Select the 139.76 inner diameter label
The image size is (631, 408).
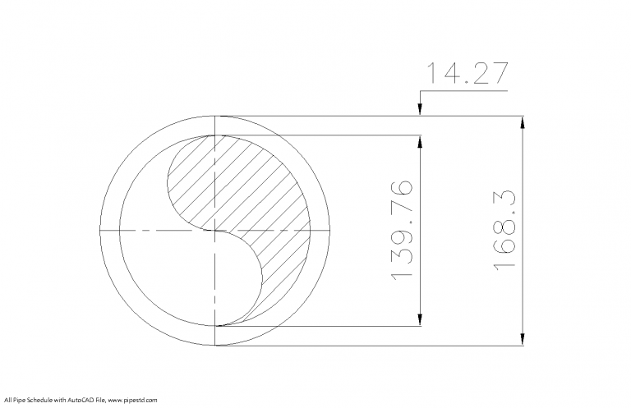[x=402, y=230]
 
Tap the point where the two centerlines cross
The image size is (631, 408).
[x=214, y=231]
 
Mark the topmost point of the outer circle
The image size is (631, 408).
[x=214, y=116]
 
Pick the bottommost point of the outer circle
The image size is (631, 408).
[x=214, y=346]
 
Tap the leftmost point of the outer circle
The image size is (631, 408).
[x=99, y=231]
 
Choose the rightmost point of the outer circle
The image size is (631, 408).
[x=330, y=231]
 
